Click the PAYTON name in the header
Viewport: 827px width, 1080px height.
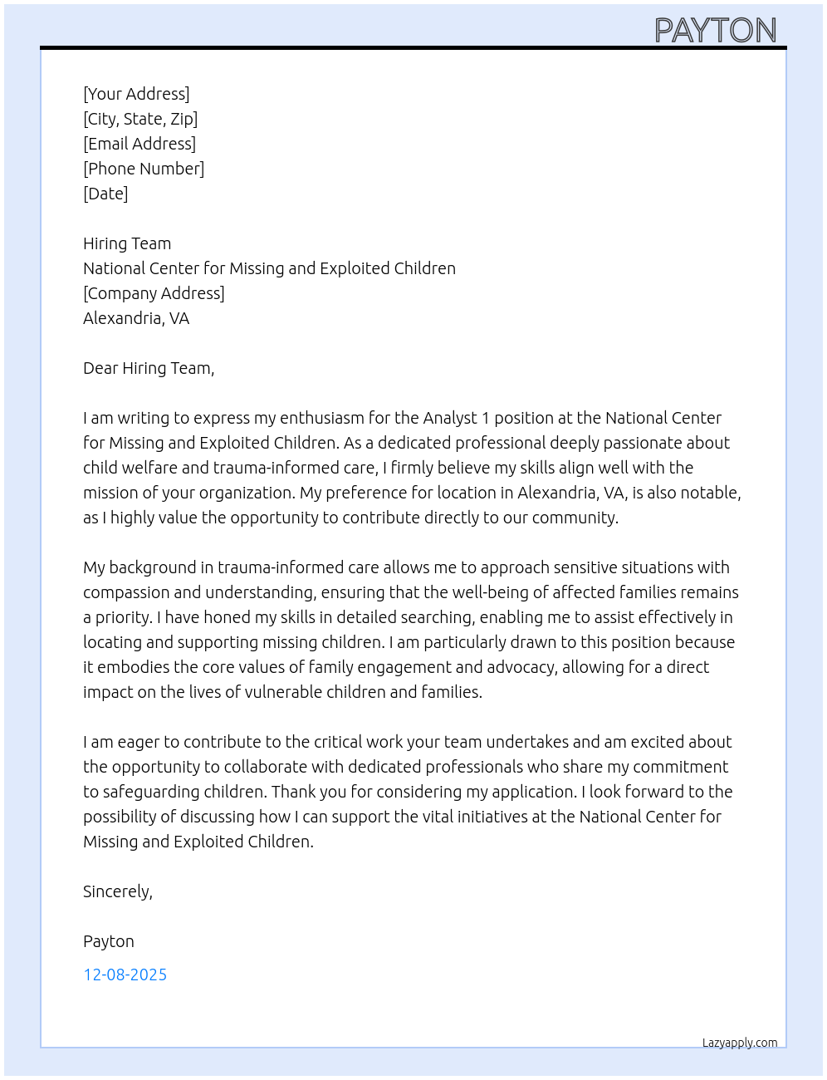[x=715, y=31]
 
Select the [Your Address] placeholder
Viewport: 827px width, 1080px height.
[x=136, y=94]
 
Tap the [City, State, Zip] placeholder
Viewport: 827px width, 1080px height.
[x=140, y=119]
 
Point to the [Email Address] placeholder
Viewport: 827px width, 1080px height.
[x=139, y=144]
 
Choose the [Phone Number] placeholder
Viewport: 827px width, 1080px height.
[x=144, y=169]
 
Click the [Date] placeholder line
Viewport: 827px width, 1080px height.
[x=105, y=194]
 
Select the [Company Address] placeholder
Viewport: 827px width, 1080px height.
[x=154, y=293]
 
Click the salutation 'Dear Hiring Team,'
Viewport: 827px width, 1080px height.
[x=149, y=368]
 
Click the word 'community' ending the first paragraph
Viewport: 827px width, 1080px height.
[x=574, y=518]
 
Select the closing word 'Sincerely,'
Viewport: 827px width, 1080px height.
[x=118, y=891]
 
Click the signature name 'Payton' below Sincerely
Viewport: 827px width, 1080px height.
[x=109, y=941]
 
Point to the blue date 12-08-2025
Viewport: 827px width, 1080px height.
[x=125, y=974]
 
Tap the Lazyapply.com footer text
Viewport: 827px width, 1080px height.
[x=740, y=1043]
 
